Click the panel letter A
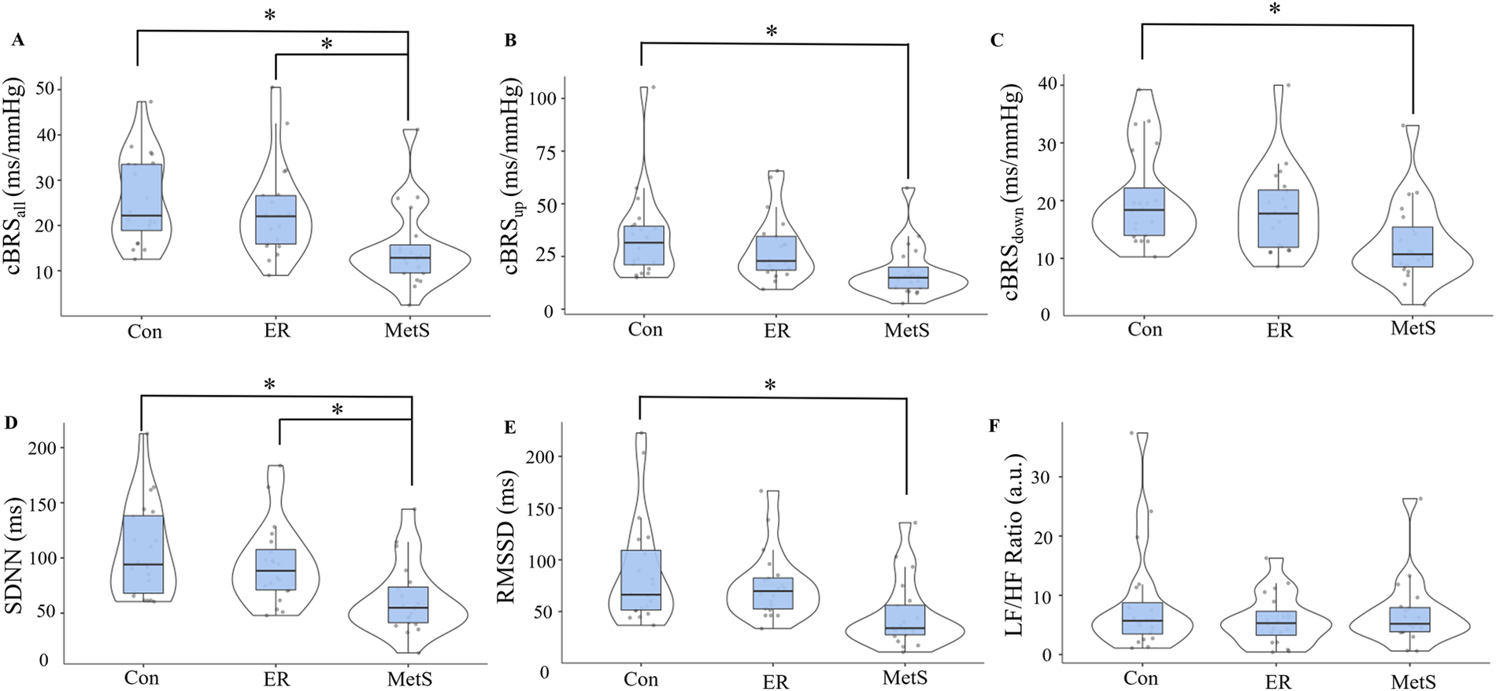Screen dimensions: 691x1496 tap(17, 40)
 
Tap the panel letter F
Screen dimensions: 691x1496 tap(994, 426)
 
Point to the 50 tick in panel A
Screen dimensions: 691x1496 tap(45, 88)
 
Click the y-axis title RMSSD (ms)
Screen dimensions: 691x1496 tap(506, 538)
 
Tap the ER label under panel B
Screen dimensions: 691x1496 tap(776, 331)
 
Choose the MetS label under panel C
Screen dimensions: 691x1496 tap(1413, 328)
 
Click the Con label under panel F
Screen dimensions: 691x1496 tap(1140, 678)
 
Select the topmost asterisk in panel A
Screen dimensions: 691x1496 tap(270, 16)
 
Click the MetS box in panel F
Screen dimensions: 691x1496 tap(1409, 619)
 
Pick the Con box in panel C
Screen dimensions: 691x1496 tap(1144, 212)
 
